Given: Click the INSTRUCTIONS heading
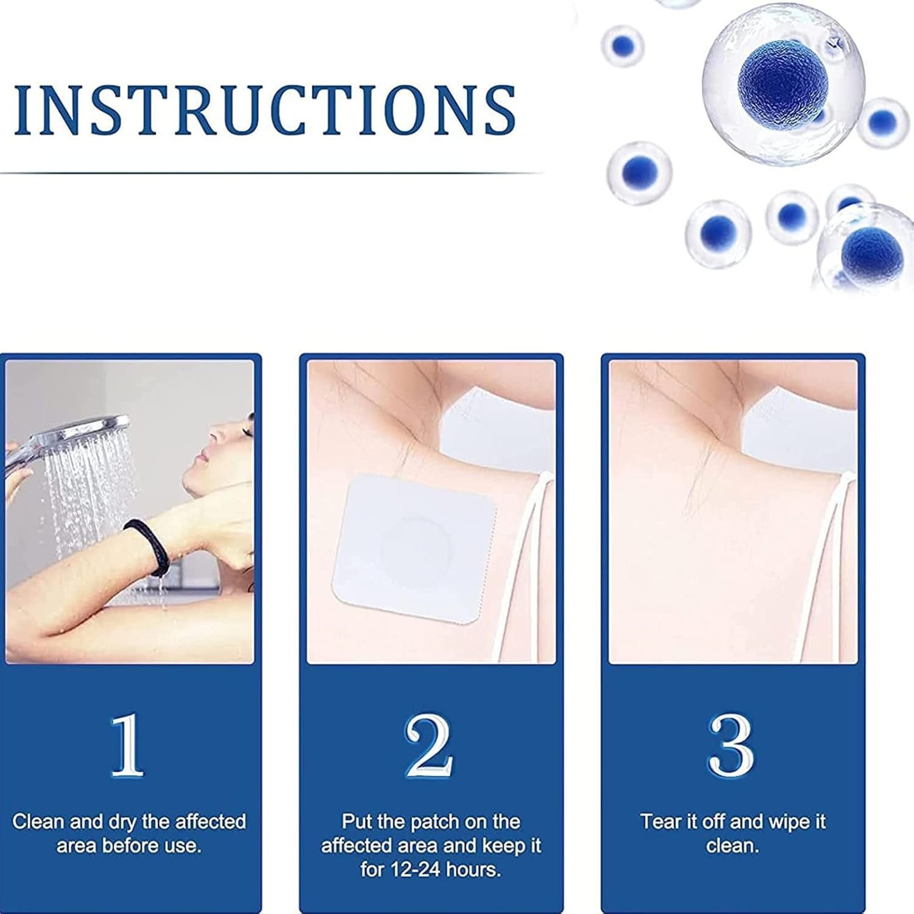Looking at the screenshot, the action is click(x=266, y=109).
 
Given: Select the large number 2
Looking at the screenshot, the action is click(x=429, y=746).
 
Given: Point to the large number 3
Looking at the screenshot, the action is click(x=731, y=746).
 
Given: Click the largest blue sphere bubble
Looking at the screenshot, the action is click(x=783, y=82).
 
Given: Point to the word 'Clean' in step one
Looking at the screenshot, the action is click(x=38, y=821).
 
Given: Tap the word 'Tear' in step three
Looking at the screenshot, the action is click(x=662, y=821).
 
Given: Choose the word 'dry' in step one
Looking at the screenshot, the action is click(x=122, y=823).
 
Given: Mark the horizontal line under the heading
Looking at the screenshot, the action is click(x=271, y=173).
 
